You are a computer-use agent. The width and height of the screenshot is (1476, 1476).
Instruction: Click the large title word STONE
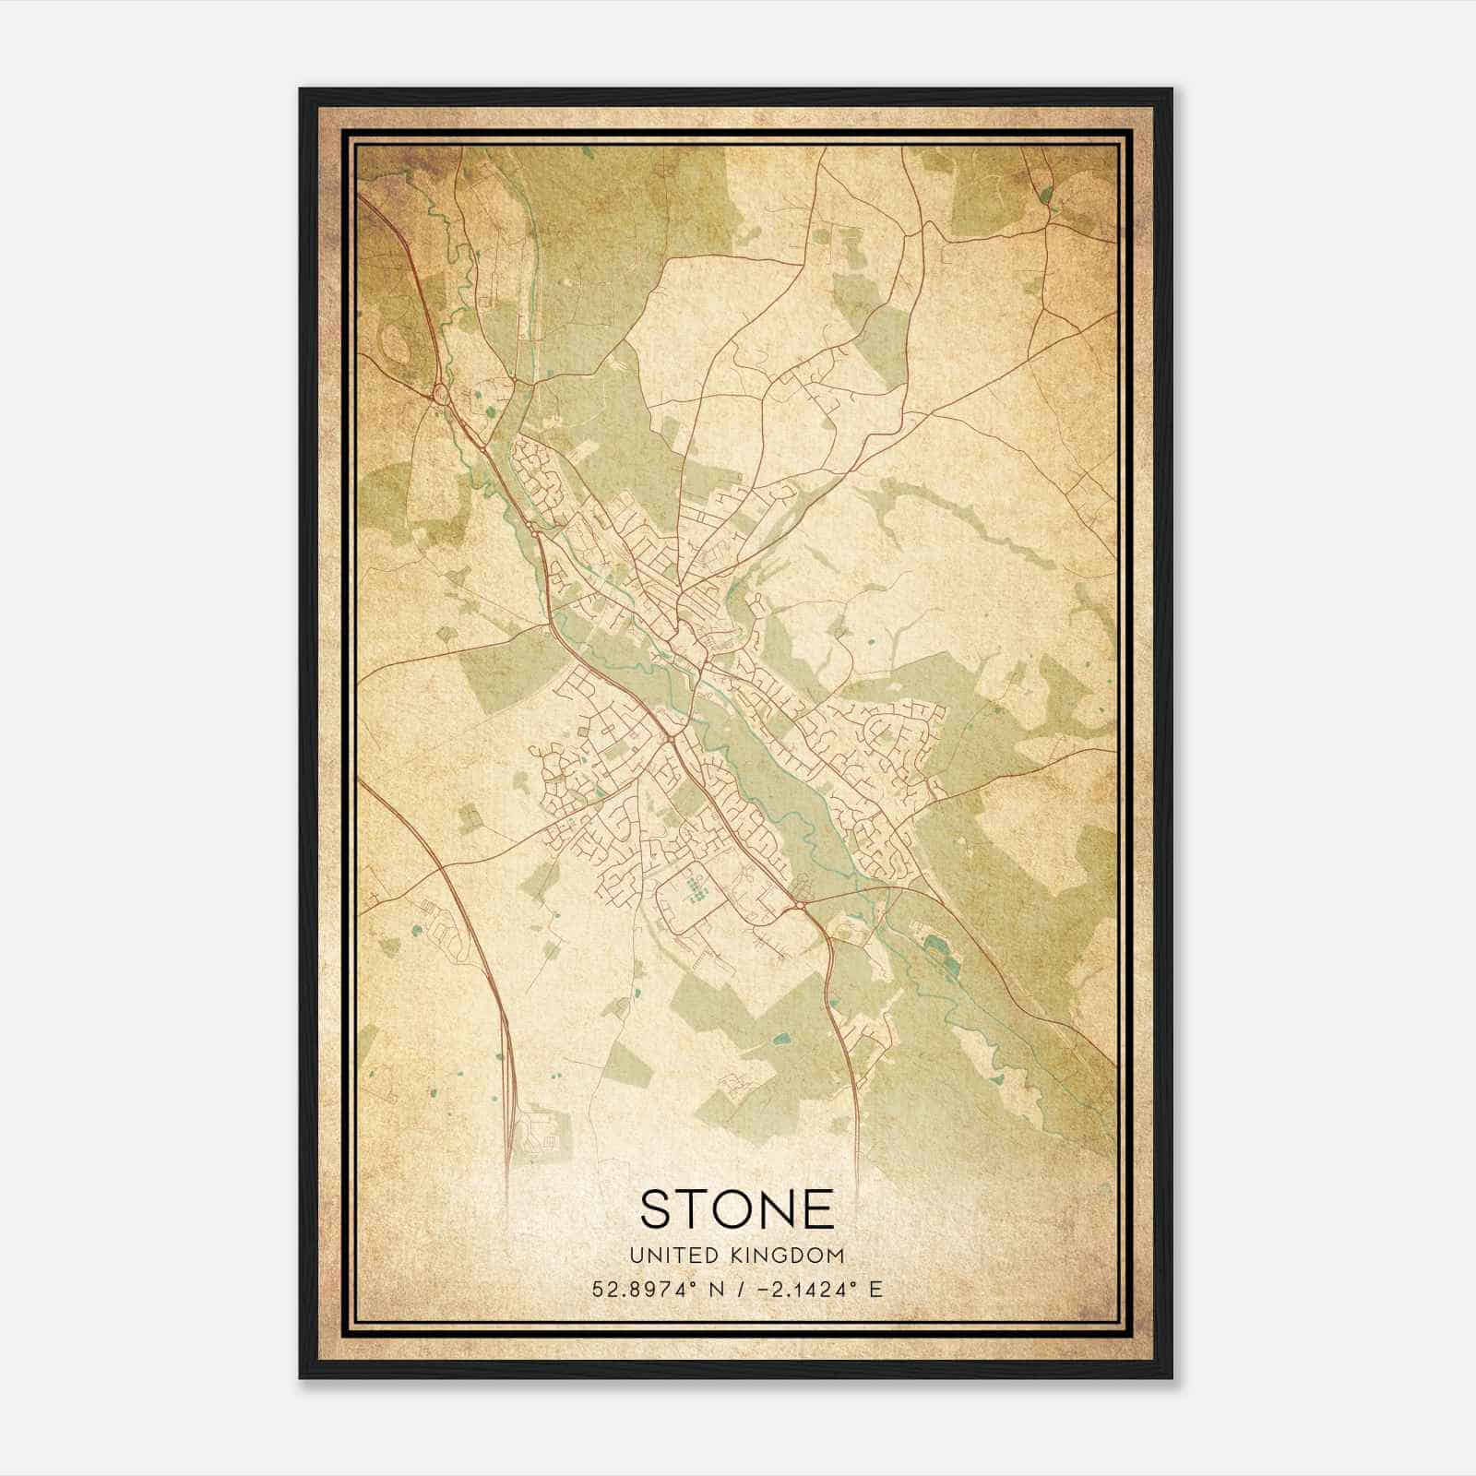point(737,1208)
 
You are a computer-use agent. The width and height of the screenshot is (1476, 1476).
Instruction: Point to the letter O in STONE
point(737,1208)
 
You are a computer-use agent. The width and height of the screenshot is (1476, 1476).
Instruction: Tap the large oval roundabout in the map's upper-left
point(439,395)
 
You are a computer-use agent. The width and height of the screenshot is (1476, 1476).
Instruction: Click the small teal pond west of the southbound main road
point(782,1039)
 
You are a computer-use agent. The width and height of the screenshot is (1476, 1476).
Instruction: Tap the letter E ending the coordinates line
point(876,1289)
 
